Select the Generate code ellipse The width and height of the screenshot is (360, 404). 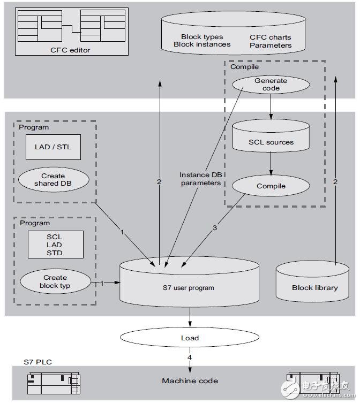tap(271, 85)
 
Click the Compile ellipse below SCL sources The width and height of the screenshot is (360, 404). tap(271, 186)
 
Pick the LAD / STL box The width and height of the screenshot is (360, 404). tap(52, 147)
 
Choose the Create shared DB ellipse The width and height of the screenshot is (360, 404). tap(52, 179)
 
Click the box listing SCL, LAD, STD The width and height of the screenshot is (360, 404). tap(54, 244)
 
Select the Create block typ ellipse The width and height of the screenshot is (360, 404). tap(55, 281)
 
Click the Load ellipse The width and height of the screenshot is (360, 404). tap(190, 338)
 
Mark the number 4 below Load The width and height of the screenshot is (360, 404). tap(190, 357)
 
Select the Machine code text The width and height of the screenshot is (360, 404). tap(190, 380)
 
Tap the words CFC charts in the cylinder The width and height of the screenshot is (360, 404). tap(271, 37)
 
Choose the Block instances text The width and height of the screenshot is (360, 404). tap(202, 44)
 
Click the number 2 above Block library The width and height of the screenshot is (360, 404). tap(335, 182)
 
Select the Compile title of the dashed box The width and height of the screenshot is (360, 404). tap(244, 67)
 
